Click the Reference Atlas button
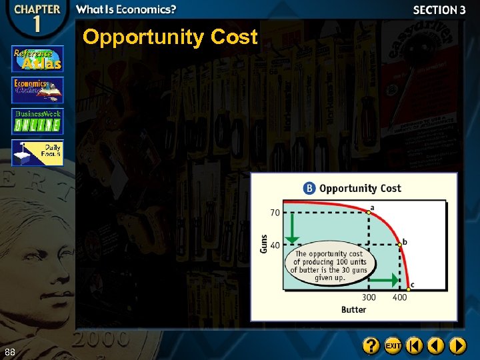tap(37, 59)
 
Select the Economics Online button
tap(37, 89)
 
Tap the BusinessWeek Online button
tap(37, 121)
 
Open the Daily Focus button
tap(37, 153)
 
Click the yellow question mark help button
tap(371, 346)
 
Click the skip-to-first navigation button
tap(415, 346)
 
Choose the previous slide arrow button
tap(436, 346)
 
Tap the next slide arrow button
tap(457, 346)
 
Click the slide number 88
tap(9, 351)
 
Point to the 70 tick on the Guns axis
tap(275, 213)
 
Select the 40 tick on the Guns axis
tap(275, 245)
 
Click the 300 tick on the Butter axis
tap(369, 297)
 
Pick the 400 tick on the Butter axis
tap(399, 297)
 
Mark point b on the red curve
tap(399, 245)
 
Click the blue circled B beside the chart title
tap(309, 188)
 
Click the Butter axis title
tap(353, 309)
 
